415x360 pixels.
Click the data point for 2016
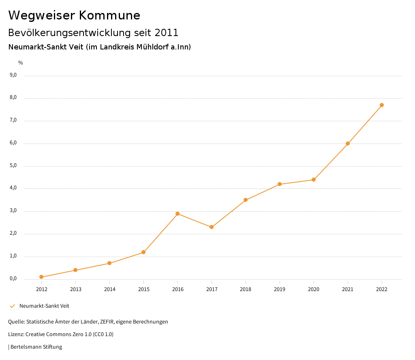click(x=178, y=214)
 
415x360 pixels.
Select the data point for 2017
click(x=212, y=227)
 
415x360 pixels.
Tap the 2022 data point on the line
click(x=382, y=105)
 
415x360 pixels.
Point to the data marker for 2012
click(x=41, y=277)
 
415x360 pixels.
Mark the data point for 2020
click(x=314, y=180)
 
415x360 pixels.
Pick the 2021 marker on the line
click(x=348, y=144)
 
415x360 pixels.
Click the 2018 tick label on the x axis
click(x=246, y=289)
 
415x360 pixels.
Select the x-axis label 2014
click(x=109, y=289)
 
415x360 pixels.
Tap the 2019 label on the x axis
click(x=280, y=289)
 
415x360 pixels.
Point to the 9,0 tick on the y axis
click(x=13, y=75)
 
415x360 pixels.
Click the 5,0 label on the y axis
click(x=13, y=165)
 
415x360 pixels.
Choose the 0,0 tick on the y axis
click(x=13, y=279)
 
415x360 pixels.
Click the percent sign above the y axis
click(x=21, y=63)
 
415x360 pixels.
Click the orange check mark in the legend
click(x=12, y=306)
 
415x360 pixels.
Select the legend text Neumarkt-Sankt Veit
click(x=44, y=306)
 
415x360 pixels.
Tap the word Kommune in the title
click(x=109, y=15)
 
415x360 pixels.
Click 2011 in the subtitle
click(x=167, y=33)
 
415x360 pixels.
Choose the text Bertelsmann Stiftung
click(x=36, y=347)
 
